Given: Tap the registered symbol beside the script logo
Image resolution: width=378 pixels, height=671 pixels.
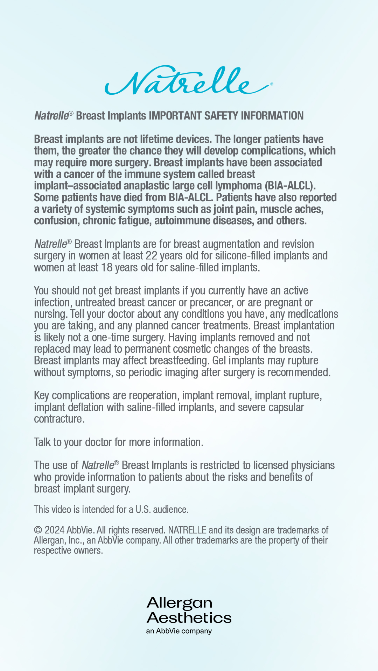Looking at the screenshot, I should point(272,84).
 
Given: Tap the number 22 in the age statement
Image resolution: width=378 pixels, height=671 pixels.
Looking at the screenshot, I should point(152,256).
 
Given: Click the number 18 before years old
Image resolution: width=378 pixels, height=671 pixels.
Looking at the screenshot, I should point(107,268).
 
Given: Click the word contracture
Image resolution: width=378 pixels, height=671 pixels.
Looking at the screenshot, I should point(58,419).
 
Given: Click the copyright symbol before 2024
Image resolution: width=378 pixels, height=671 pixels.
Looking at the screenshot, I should point(38,530).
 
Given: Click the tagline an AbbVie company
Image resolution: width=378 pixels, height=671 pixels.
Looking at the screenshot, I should point(179,631).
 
